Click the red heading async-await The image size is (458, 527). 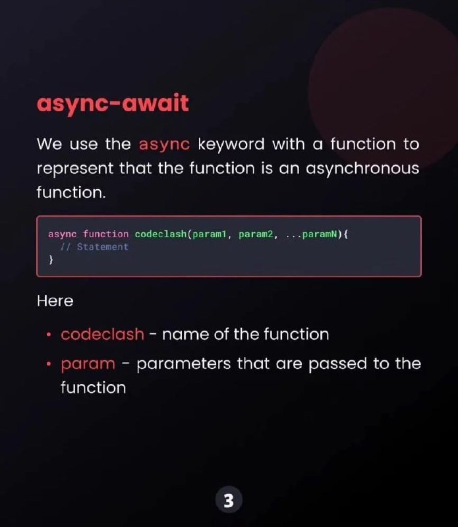(x=113, y=103)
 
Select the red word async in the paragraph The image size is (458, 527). (x=165, y=145)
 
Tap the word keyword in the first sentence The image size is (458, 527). (x=231, y=145)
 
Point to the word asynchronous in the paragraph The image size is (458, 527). (x=362, y=169)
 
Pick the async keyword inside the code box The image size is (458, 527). (x=62, y=235)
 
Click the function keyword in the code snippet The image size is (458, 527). (x=105, y=234)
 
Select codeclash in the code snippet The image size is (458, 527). (x=161, y=234)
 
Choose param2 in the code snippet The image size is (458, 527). (x=256, y=235)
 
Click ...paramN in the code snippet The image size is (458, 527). (x=311, y=235)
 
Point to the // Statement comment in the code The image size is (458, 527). (x=94, y=246)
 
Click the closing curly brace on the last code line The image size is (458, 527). (x=51, y=260)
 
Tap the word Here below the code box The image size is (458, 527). (x=55, y=301)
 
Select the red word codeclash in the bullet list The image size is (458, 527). (x=102, y=335)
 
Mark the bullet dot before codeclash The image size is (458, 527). (x=49, y=335)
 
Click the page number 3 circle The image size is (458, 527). (x=229, y=501)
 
